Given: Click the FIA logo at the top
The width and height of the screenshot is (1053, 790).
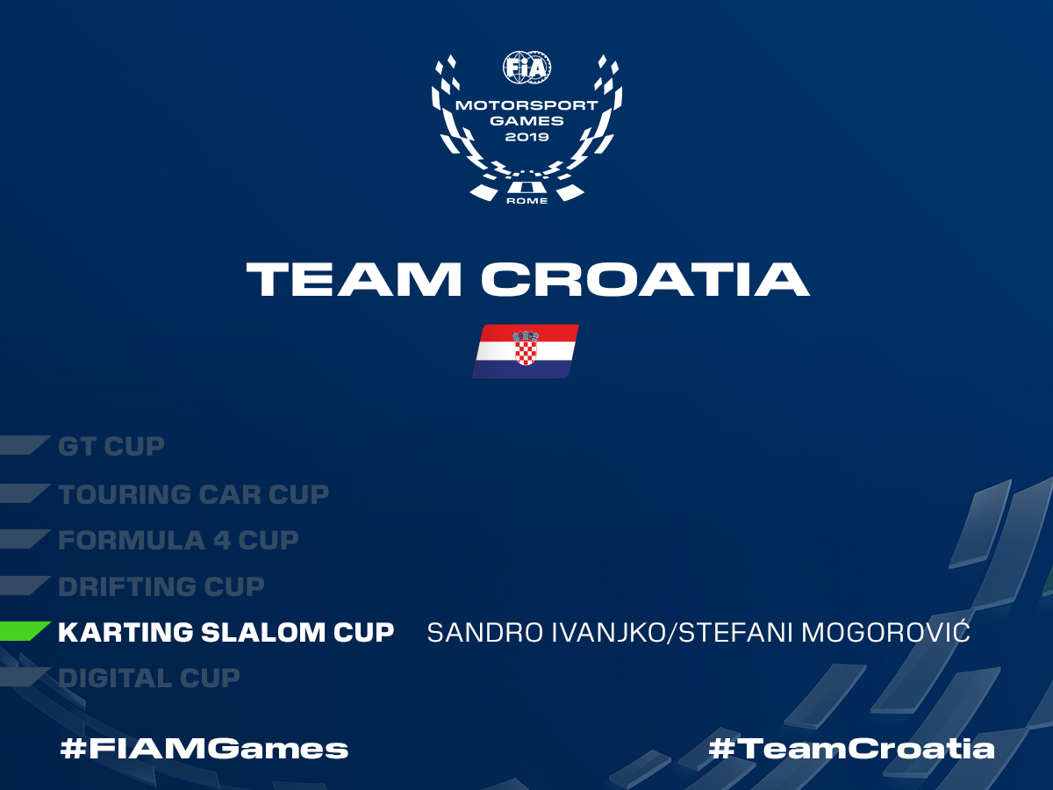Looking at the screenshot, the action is [526, 68].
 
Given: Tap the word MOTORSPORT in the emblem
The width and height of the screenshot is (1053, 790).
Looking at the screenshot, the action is [526, 105].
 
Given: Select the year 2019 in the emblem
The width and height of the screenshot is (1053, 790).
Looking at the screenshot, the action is [526, 137].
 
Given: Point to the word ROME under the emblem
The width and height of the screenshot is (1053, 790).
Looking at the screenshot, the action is [526, 201].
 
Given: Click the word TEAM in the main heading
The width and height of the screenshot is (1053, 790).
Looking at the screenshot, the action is [354, 279].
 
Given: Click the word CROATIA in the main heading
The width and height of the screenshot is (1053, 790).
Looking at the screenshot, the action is [645, 279].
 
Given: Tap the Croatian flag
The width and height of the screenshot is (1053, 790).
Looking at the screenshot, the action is [526, 351].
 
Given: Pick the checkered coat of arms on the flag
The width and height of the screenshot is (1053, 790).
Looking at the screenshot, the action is [526, 348].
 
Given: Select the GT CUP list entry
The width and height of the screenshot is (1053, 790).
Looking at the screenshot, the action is [111, 447].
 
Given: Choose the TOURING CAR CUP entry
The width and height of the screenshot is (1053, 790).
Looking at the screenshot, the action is [193, 494].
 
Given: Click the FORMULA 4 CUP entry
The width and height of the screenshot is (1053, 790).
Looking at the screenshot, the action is [178, 541].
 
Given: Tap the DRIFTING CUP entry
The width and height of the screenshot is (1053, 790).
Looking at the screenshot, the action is [161, 586].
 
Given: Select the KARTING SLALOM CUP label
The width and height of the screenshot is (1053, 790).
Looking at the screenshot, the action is [226, 632].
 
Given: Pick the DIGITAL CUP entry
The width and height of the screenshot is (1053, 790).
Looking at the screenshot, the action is [148, 679].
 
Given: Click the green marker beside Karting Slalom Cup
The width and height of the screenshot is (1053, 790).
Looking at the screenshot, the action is [24, 631].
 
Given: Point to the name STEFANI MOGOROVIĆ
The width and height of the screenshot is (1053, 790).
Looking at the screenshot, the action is [824, 631].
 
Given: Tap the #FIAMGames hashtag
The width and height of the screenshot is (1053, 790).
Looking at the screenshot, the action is [204, 749].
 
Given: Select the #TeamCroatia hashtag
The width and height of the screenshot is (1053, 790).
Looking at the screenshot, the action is [851, 749].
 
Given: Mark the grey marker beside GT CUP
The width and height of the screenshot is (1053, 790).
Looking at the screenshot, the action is [24, 445].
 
